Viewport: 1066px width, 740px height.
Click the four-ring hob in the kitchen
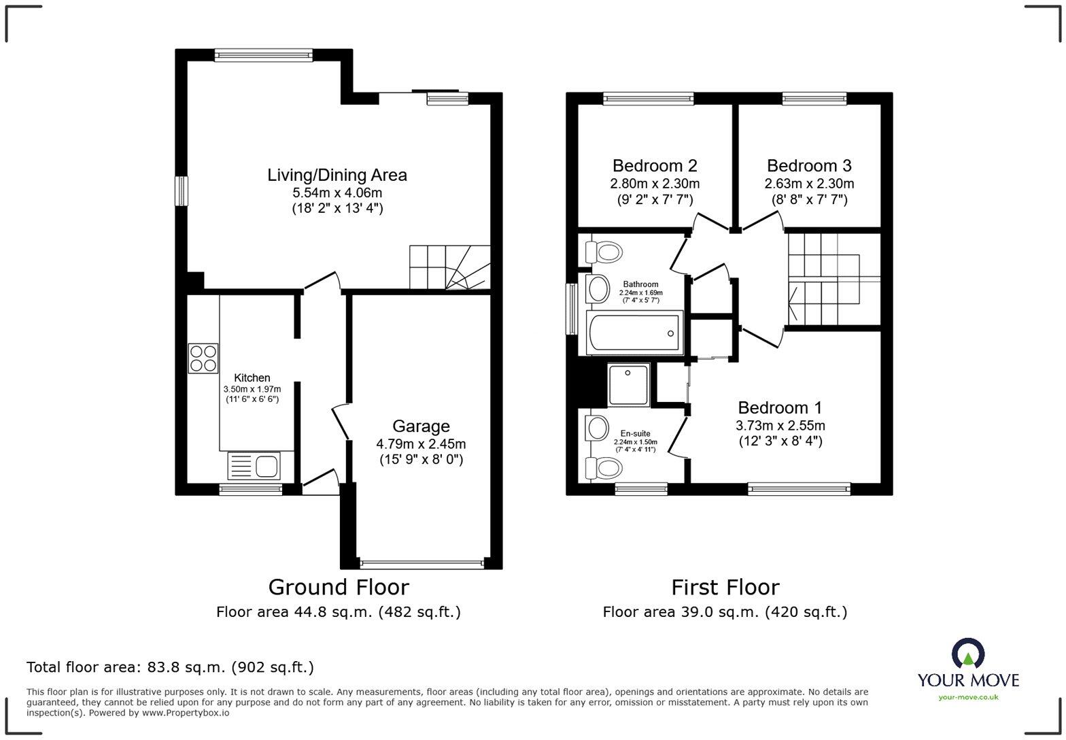pyautogui.click(x=203, y=358)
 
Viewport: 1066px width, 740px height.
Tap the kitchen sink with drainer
pyautogui.click(x=254, y=465)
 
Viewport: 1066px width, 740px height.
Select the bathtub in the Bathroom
pyautogui.click(x=635, y=333)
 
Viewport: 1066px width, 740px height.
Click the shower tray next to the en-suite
pyautogui.click(x=629, y=385)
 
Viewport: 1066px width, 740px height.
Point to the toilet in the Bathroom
pyautogui.click(x=604, y=252)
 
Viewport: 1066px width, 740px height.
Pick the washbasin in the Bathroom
pyautogui.click(x=598, y=288)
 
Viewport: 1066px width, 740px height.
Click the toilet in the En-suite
pyautogui.click(x=604, y=468)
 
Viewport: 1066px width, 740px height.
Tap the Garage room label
pyautogui.click(x=422, y=426)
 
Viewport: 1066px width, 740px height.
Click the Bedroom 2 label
pyautogui.click(x=655, y=166)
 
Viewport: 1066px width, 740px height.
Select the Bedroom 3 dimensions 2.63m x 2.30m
pyautogui.click(x=809, y=184)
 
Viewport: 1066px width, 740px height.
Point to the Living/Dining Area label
pyautogui.click(x=337, y=175)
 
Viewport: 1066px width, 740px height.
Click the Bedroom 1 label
pyautogui.click(x=780, y=407)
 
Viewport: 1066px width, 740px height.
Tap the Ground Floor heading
pyautogui.click(x=339, y=587)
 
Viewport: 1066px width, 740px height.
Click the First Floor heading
pyautogui.click(x=725, y=587)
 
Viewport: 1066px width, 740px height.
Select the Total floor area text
pyautogui.click(x=171, y=667)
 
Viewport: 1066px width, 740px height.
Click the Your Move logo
pyautogui.click(x=968, y=669)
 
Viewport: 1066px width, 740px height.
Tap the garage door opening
pyautogui.click(x=422, y=565)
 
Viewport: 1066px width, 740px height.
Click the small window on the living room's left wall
pyautogui.click(x=182, y=191)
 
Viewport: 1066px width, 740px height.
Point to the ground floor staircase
pyautogui.click(x=450, y=267)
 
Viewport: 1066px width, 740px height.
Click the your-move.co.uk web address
pyautogui.click(x=968, y=698)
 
